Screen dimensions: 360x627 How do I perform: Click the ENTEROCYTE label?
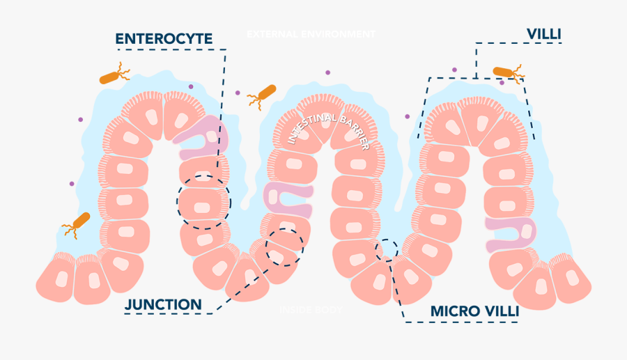click(164, 38)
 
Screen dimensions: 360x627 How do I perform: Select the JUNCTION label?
click(163, 304)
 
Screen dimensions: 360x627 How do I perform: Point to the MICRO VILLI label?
click(474, 311)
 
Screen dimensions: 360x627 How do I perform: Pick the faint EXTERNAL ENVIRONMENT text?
click(311, 34)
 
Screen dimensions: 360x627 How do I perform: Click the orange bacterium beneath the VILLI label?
click(506, 72)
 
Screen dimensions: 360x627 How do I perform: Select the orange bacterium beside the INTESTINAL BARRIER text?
click(264, 93)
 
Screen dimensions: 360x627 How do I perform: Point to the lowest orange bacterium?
click(79, 224)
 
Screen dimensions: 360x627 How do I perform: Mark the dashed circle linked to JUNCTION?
click(284, 246)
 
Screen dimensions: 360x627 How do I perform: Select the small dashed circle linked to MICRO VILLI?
click(387, 249)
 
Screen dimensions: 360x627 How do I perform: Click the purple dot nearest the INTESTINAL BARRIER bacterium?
click(238, 93)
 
